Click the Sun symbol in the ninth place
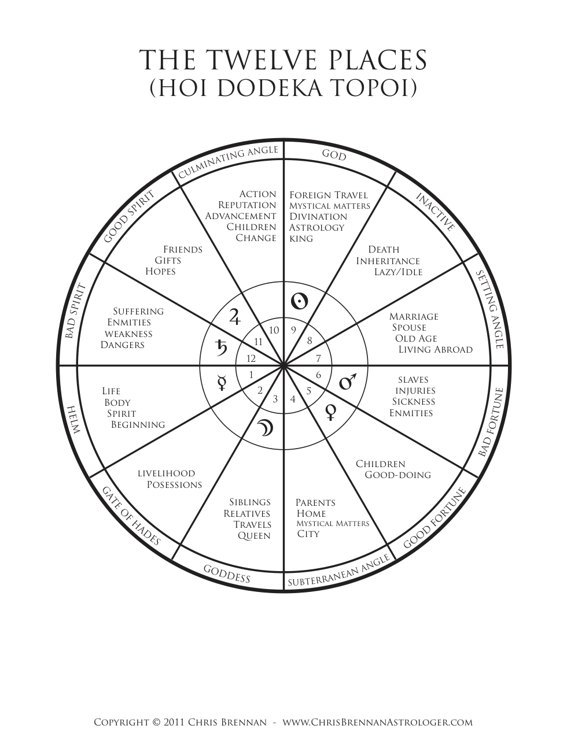coord(299,301)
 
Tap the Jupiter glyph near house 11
coord(235,316)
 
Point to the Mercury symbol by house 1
coord(222,383)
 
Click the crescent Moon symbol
coord(265,428)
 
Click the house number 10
coord(274,330)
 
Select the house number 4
coord(293,399)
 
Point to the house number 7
coord(318,358)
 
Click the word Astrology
coord(316,227)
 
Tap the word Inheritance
coord(388,261)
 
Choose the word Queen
coord(254,536)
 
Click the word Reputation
coord(247,205)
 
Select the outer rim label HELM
coord(73,420)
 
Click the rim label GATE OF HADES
coord(131,516)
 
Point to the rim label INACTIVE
coord(435,212)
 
